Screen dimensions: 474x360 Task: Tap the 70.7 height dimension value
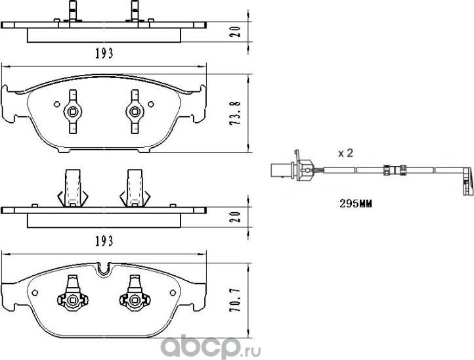[235, 300]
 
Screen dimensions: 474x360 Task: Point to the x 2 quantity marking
[345, 153]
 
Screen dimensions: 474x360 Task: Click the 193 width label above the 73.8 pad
[104, 54]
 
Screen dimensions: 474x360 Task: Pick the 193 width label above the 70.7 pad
[104, 241]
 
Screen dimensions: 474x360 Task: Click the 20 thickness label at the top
[236, 32]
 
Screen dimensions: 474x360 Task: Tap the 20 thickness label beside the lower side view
[236, 217]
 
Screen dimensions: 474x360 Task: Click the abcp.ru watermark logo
[210, 348]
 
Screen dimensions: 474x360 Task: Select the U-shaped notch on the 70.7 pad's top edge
[104, 269]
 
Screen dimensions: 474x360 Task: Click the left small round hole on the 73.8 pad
[56, 104]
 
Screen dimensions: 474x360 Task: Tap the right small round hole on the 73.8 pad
[150, 104]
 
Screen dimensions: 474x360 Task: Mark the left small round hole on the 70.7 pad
[35, 292]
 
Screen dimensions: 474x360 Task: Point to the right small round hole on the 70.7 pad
[173, 292]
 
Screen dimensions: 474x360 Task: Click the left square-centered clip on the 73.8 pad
[73, 112]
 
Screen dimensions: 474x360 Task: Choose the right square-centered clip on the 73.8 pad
[135, 112]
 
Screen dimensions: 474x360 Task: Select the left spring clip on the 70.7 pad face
[73, 293]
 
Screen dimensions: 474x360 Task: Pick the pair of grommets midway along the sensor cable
[394, 170]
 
